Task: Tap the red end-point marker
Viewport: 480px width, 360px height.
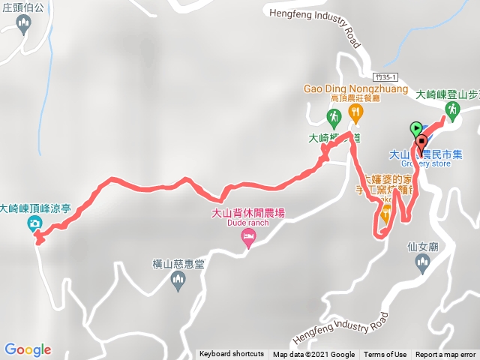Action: click(421, 139)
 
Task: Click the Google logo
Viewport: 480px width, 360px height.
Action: click(28, 349)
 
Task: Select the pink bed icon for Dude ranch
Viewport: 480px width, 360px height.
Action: click(247, 238)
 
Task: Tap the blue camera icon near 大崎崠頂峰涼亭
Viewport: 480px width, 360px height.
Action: click(34, 223)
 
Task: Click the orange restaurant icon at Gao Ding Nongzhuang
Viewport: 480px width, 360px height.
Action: click(355, 113)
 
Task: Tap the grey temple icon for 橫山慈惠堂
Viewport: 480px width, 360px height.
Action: click(178, 281)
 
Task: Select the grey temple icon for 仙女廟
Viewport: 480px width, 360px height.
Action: click(422, 262)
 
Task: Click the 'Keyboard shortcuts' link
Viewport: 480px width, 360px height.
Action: click(232, 354)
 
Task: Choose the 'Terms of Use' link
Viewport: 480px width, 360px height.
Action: click(385, 354)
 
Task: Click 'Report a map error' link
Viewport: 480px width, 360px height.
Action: click(445, 354)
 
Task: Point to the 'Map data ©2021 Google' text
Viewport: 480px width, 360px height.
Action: click(313, 354)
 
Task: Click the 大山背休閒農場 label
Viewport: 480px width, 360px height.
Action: click(247, 213)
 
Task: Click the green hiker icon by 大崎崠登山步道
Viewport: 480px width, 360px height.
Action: click(451, 109)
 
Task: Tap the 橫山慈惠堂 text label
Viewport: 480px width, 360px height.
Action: click(178, 264)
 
